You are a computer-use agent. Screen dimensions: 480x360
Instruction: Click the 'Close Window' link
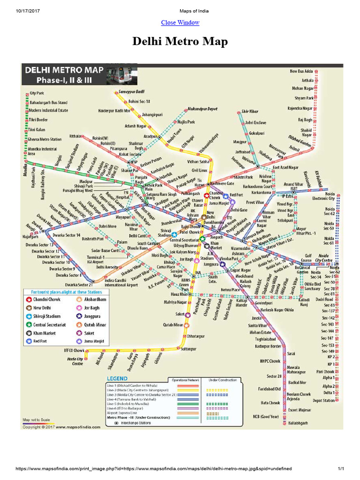point(180,22)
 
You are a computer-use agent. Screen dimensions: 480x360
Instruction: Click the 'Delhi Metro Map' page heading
point(180,42)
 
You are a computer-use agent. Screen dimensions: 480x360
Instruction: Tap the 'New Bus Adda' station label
point(301,71)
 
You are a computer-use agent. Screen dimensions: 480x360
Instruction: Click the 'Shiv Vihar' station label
point(250,112)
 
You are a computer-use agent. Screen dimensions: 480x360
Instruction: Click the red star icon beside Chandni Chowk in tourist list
point(29,299)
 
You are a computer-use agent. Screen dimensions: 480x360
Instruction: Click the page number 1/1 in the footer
point(341,469)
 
